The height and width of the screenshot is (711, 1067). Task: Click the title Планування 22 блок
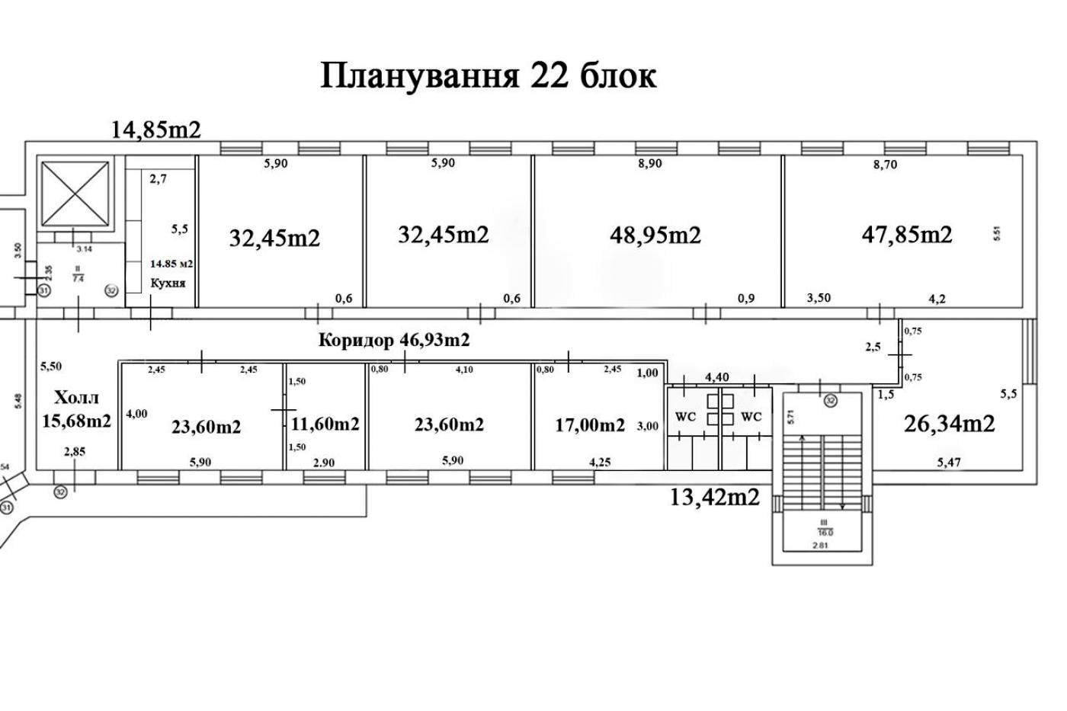click(x=488, y=76)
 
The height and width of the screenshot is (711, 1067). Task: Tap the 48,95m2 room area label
click(x=655, y=235)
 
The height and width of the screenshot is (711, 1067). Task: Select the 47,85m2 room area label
click(x=906, y=234)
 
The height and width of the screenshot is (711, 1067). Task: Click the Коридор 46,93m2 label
click(x=393, y=340)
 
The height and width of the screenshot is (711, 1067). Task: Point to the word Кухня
click(x=167, y=283)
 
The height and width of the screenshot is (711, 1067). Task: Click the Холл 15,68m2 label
click(x=76, y=409)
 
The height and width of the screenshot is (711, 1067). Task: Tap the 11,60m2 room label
click(x=325, y=424)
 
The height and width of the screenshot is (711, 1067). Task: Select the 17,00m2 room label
click(x=589, y=424)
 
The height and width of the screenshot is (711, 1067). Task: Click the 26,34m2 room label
click(x=949, y=423)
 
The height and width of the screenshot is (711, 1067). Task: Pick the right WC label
click(x=751, y=417)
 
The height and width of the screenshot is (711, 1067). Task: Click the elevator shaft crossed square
click(x=75, y=194)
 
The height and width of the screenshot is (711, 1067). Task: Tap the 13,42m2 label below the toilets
click(x=714, y=497)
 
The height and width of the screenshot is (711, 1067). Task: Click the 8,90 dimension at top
click(x=649, y=164)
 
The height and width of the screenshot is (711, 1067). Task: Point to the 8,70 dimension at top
click(x=885, y=164)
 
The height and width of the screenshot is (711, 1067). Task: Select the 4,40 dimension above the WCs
click(x=716, y=377)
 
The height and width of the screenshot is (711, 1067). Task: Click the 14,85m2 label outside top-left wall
click(x=156, y=130)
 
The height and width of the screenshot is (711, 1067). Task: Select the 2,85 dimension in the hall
click(x=75, y=452)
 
